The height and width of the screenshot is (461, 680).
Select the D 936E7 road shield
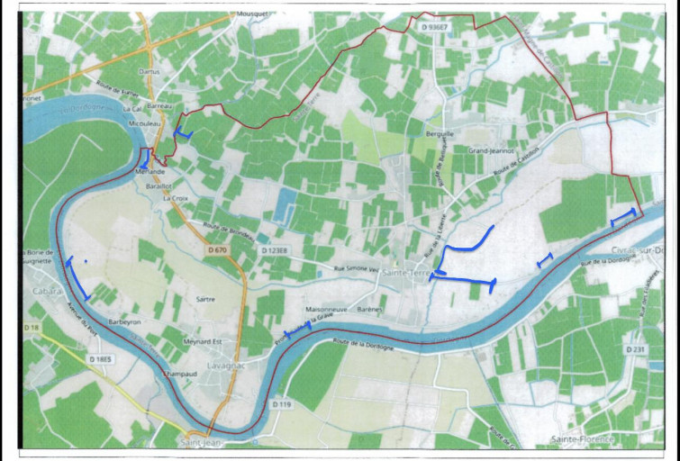coord(434,29)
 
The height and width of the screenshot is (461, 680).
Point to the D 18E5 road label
coord(101,359)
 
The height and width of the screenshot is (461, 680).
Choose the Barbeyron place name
coord(126,320)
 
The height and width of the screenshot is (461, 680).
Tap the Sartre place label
coord(204,299)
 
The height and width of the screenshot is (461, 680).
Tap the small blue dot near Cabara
coord(85,261)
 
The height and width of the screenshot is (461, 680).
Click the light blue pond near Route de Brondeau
coord(284,210)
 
